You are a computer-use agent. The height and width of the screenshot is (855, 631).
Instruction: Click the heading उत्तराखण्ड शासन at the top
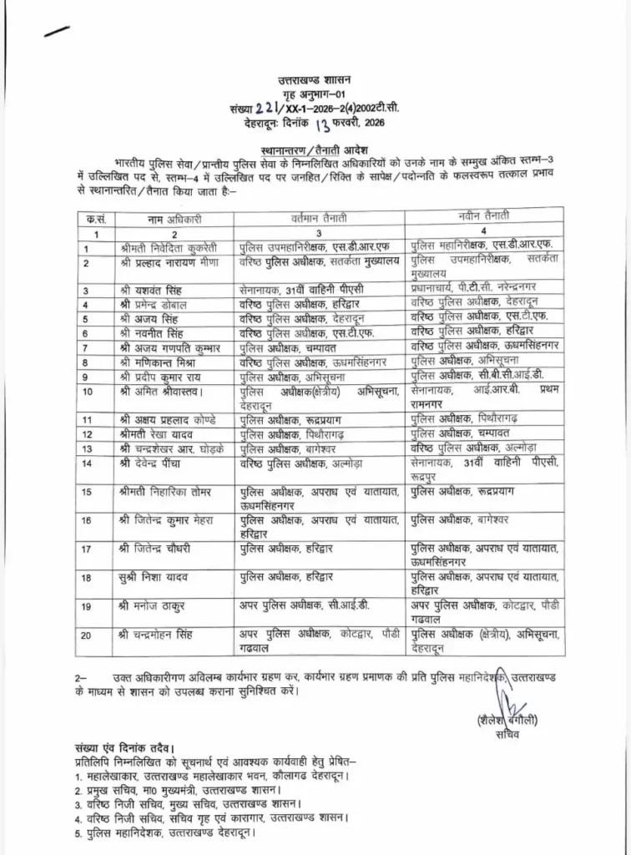(315, 80)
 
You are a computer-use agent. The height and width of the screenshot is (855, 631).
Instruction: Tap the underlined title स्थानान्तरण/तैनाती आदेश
(315, 144)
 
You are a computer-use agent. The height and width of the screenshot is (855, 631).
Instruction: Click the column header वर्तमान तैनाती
(320, 219)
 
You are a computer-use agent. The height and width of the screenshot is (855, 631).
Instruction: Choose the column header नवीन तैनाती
(485, 217)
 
